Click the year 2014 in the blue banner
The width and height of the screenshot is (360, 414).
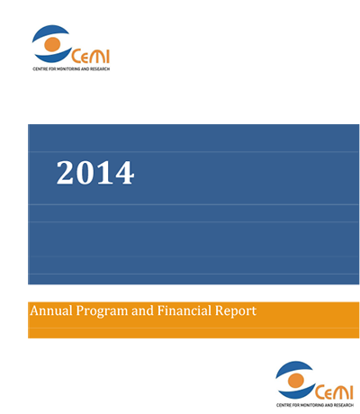click(95, 173)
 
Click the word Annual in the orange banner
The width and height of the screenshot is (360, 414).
click(51, 310)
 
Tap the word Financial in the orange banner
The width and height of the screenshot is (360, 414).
click(184, 310)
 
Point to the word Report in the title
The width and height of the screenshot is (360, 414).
click(236, 311)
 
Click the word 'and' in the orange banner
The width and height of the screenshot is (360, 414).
click(142, 310)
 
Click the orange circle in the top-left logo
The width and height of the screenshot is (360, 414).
click(52, 44)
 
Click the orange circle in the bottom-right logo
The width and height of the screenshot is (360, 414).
click(296, 381)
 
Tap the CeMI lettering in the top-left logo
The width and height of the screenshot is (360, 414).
click(90, 57)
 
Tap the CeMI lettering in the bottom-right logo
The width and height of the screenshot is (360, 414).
click(334, 392)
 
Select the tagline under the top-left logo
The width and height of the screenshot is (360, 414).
click(71, 69)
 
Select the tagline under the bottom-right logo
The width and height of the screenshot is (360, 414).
click(315, 405)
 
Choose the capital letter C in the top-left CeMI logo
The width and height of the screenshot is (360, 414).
click(76, 57)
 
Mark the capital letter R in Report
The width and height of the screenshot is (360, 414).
click(220, 310)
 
